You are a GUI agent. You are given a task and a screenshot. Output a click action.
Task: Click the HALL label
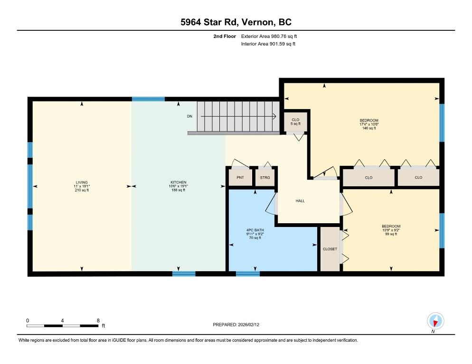point(300,201)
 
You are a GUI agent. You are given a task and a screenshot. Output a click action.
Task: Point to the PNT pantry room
point(240,178)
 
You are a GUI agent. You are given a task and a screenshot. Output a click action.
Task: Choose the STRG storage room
point(265,178)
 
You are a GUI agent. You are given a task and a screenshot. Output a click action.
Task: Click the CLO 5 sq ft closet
point(296,122)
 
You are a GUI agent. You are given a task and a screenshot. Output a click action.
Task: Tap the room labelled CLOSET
point(330,249)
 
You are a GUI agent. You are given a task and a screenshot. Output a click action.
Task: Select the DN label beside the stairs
point(189,116)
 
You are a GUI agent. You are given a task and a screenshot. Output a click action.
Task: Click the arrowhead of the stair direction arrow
point(275,116)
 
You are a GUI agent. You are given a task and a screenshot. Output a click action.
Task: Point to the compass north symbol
point(435,321)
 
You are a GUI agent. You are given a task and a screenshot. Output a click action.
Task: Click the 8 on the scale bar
point(98,320)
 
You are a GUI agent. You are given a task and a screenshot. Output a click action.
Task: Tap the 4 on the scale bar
point(62,320)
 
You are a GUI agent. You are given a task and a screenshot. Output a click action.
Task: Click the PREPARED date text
point(236,325)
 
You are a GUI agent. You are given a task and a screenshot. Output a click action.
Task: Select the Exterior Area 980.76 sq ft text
point(269,36)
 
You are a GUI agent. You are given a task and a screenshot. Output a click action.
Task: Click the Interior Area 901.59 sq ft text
point(268,44)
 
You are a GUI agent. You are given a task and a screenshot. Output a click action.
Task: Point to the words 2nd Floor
point(225,36)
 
